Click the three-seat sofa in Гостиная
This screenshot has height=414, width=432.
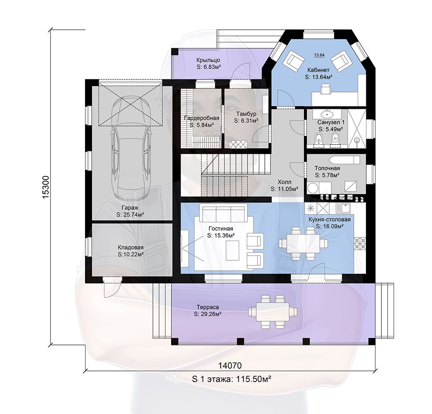point(224,214)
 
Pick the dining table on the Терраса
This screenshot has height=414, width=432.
point(273,312)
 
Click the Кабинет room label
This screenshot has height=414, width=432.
point(318,70)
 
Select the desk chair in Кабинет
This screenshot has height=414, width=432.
point(326,89)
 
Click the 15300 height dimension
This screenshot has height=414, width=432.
point(46,186)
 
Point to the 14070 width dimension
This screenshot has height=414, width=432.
point(230,365)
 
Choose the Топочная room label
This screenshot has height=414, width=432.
point(327,168)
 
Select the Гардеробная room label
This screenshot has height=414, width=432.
point(202,118)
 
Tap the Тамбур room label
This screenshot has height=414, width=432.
point(246,114)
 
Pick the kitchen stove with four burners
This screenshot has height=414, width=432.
point(360,244)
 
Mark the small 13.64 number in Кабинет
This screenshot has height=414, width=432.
point(319,55)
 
